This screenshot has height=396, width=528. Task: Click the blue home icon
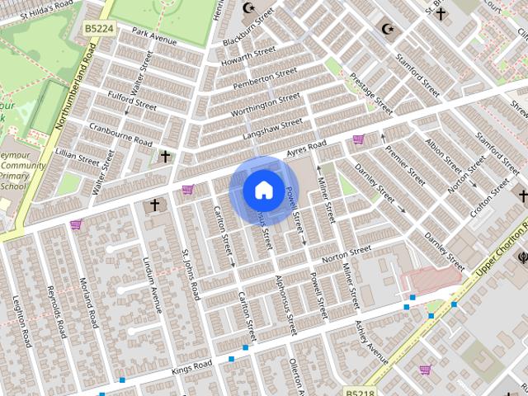click(262, 190)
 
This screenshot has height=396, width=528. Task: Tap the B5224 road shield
click(99, 28)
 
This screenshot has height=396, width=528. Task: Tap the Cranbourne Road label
click(120, 135)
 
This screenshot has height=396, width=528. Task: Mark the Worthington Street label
click(266, 105)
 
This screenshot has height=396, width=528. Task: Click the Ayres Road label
click(306, 148)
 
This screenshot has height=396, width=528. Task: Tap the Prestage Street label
click(371, 93)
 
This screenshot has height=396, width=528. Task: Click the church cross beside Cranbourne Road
click(165, 156)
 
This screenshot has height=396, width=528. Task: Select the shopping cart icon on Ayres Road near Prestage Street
click(358, 139)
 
